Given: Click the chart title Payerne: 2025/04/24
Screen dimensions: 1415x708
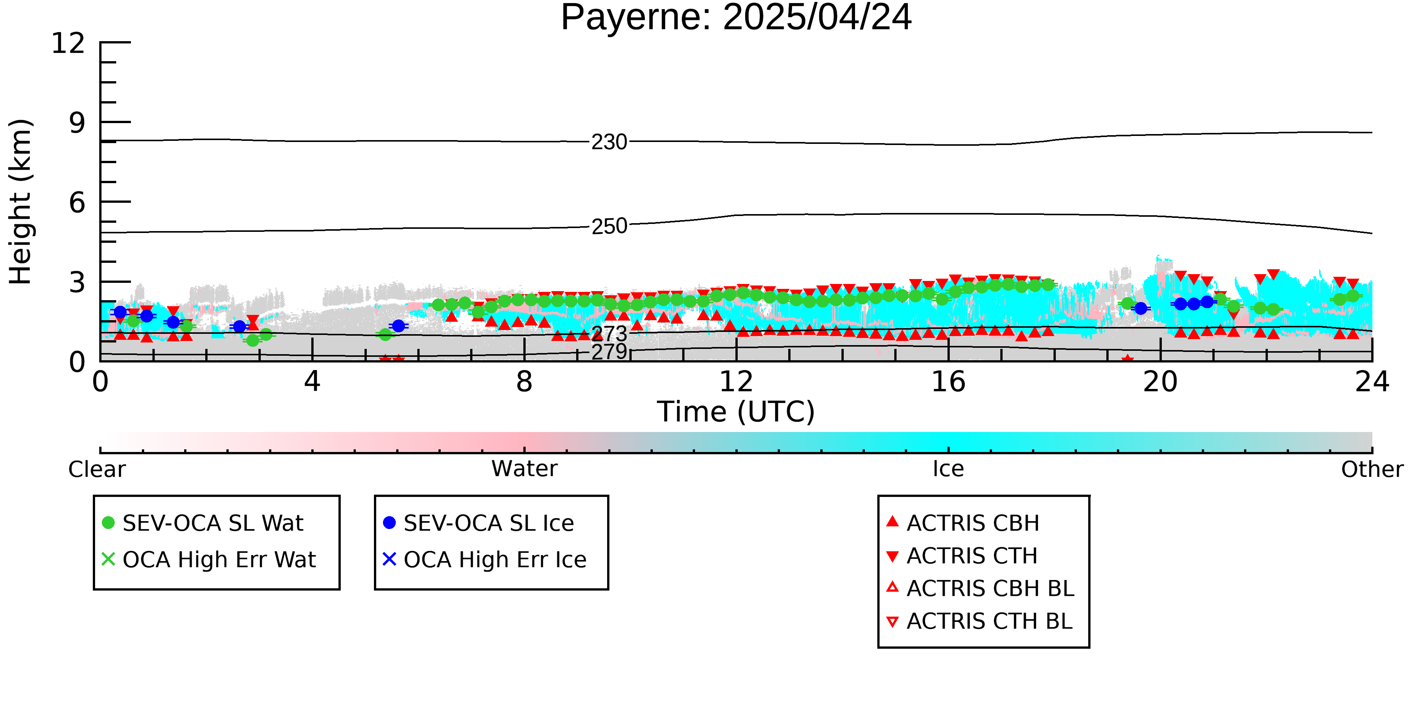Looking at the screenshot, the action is click(736, 18).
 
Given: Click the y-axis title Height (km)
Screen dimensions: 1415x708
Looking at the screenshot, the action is click(21, 202).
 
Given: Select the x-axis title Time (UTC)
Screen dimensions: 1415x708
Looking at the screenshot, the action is click(736, 412).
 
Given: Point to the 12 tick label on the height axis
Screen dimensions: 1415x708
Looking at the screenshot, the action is click(68, 43).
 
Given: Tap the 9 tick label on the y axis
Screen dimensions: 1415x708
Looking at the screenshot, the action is click(77, 123).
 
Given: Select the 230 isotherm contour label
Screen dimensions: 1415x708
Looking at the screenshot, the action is click(609, 142).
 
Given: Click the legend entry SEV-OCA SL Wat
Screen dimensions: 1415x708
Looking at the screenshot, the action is click(213, 523).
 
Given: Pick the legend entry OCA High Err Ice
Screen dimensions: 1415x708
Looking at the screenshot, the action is click(495, 560).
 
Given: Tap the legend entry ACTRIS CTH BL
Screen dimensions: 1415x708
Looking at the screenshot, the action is click(990, 621).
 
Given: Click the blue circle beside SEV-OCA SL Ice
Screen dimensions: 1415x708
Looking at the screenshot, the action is click(389, 522).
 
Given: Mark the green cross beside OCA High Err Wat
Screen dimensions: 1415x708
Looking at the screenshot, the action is click(108, 559).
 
